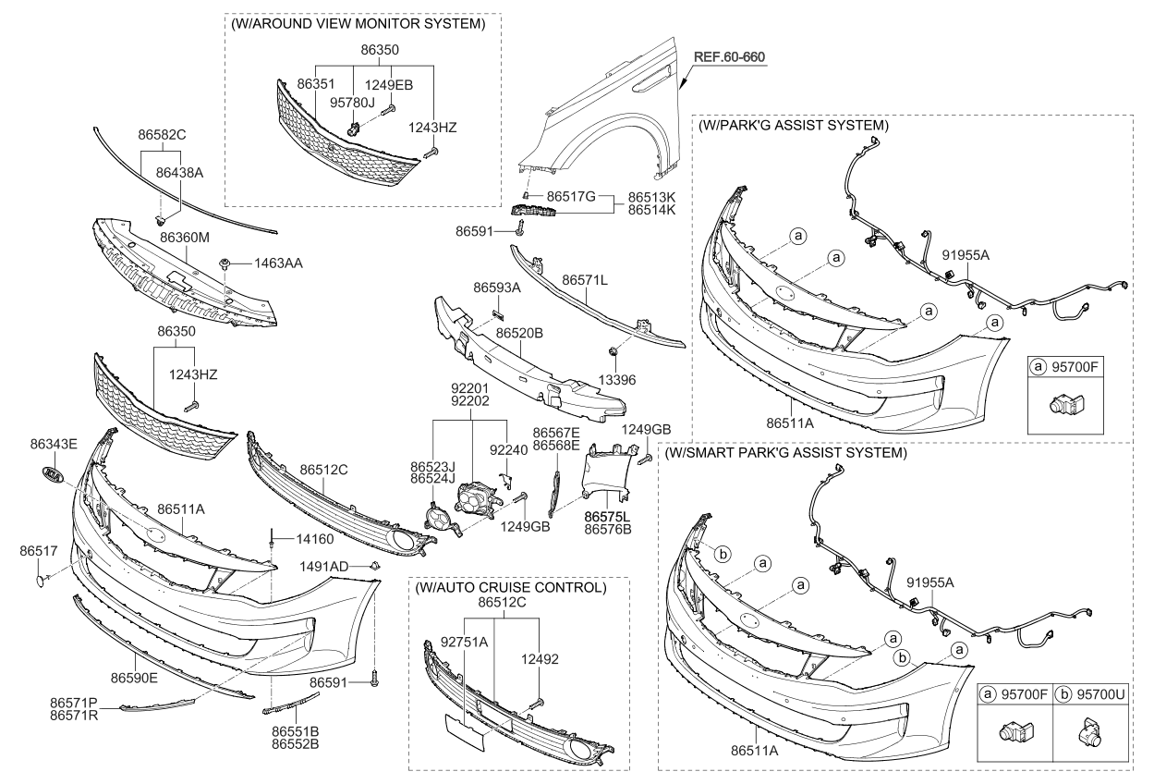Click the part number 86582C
coord(163,135)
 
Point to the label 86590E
coord(134,678)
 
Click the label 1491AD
coord(324,566)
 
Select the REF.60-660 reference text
coord(730,56)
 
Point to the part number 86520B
coord(518,331)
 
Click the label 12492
coord(540,659)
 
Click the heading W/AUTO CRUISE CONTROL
coord(510,587)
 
